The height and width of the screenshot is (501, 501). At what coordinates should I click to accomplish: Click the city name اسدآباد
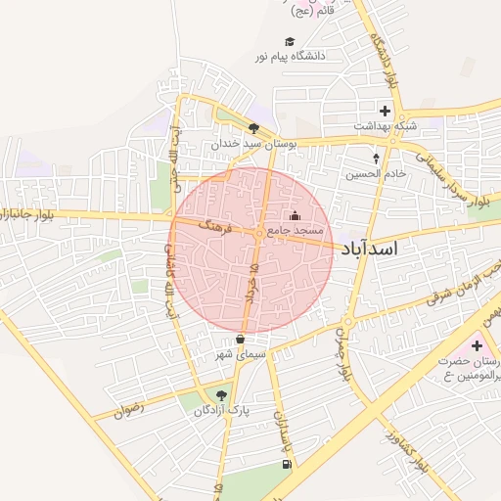[370, 250]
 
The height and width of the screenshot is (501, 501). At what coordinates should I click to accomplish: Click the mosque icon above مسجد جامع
[296, 215]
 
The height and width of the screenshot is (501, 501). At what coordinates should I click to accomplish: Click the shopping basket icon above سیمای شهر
[240, 340]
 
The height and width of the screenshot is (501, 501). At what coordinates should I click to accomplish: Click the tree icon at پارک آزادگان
[222, 396]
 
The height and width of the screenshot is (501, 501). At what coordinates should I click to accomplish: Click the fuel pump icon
[285, 464]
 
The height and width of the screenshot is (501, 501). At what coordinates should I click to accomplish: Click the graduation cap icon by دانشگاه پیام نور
[289, 42]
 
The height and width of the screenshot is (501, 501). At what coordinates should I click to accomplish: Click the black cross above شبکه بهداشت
[386, 111]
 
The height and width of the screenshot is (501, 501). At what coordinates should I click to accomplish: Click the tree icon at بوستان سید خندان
[254, 128]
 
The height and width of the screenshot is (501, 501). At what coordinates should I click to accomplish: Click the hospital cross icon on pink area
[478, 345]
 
